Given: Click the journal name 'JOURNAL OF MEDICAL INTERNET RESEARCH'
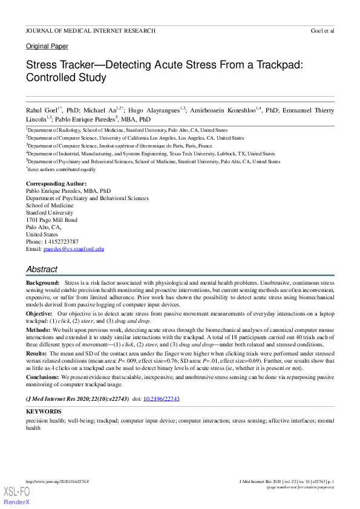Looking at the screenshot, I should pyautogui.click(x=90, y=30).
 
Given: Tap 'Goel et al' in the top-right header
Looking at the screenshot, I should pyautogui.click(x=322, y=30).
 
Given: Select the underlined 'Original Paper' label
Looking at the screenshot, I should pyautogui.click(x=47, y=47).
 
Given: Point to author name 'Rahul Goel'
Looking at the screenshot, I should pyautogui.click(x=41, y=111).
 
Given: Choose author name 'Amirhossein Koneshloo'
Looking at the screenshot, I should pyautogui.click(x=227, y=111).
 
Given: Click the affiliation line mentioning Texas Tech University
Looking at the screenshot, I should pyautogui.click(x=151, y=154).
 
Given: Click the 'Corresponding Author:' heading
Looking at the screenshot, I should pyautogui.click(x=56, y=183).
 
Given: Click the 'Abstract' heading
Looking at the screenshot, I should pyautogui.click(x=42, y=270).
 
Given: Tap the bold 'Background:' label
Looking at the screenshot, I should pyautogui.click(x=42, y=283).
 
